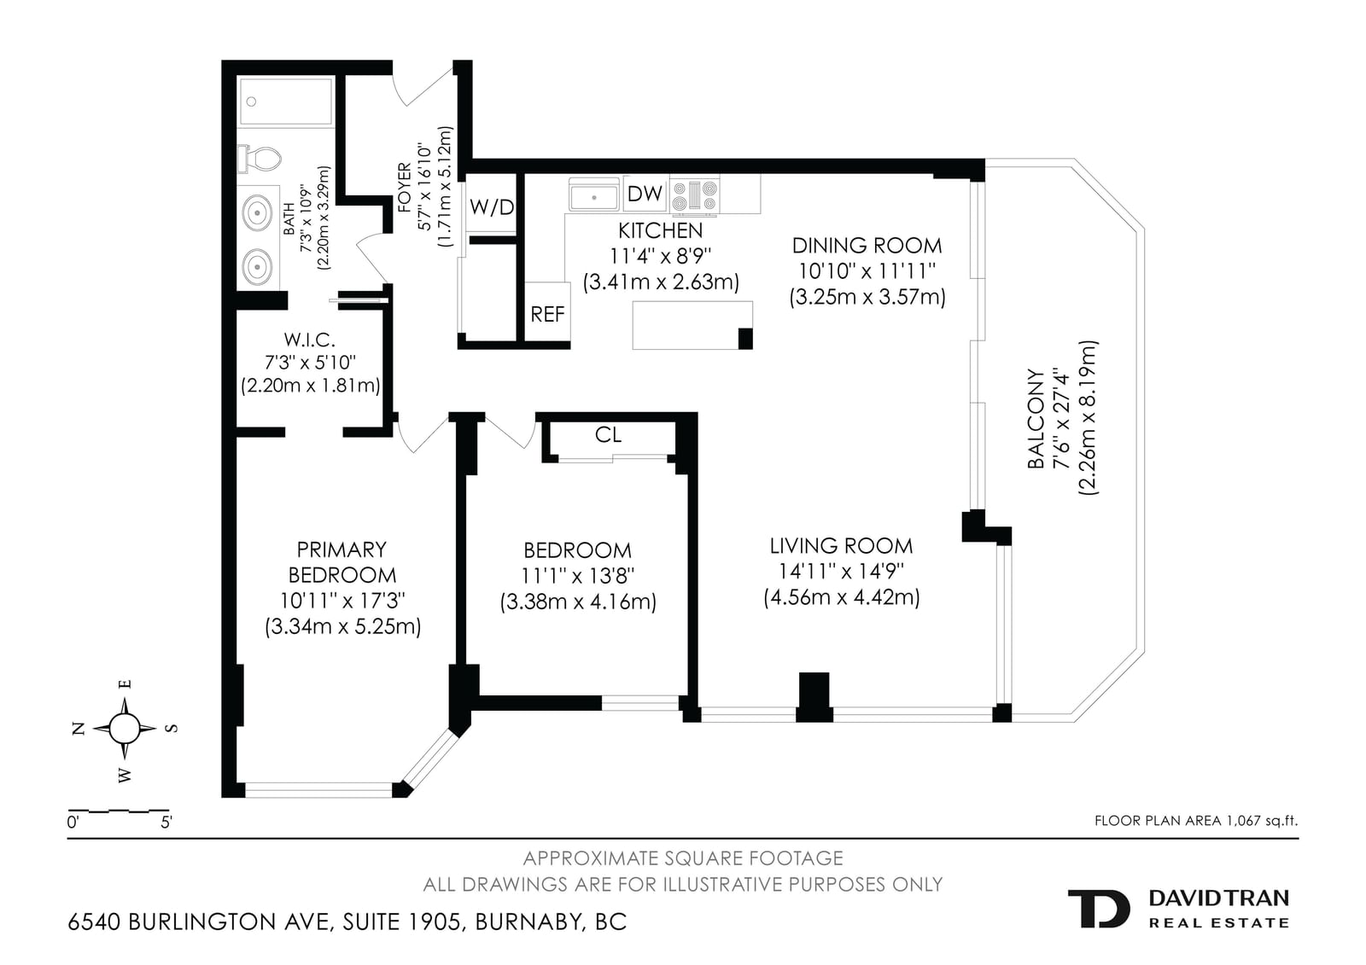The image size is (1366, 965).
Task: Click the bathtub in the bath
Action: (x=285, y=102)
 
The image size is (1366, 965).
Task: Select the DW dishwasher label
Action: (x=645, y=193)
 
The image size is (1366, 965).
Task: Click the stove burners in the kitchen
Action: (x=694, y=196)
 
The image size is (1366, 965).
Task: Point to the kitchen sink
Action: (x=594, y=195)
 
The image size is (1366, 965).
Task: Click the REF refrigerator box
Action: (x=547, y=312)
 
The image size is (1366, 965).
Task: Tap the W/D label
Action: (x=492, y=207)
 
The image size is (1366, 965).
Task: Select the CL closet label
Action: (x=608, y=434)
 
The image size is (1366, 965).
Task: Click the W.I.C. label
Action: (x=310, y=340)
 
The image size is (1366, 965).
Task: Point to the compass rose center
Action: (x=125, y=727)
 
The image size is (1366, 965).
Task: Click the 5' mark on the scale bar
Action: (x=166, y=823)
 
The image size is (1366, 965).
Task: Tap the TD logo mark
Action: (x=1098, y=909)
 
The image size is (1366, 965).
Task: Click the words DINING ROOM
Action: (x=867, y=246)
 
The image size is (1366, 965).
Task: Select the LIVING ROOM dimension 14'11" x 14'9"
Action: (x=841, y=571)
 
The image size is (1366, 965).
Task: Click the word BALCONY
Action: (x=1036, y=418)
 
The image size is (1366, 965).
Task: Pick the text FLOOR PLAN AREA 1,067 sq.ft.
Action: (x=1196, y=821)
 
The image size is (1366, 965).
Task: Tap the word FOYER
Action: (x=405, y=187)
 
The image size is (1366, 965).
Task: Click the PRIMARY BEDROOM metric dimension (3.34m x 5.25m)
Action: (x=342, y=626)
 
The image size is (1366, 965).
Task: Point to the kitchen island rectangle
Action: (x=692, y=325)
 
